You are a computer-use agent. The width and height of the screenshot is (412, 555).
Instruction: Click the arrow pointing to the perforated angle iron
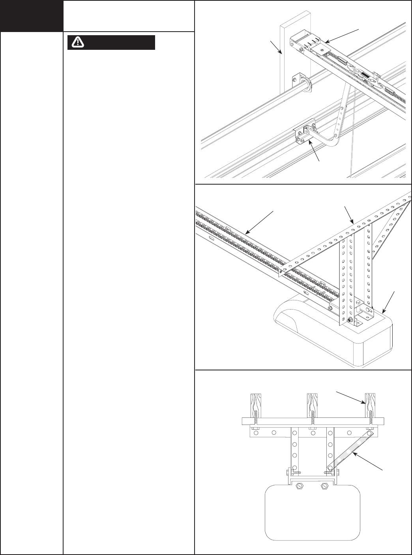[350, 216]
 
